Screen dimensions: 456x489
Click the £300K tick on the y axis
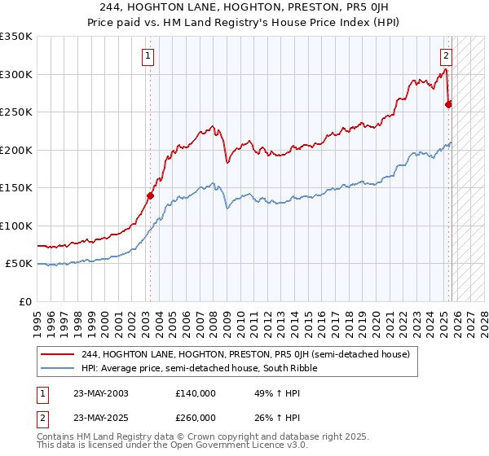tap(16, 74)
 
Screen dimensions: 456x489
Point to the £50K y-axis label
tap(19, 264)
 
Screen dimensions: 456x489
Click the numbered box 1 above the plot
tap(148, 56)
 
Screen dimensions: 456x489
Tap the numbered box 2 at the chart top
tap(447, 56)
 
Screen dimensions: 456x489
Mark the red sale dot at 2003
tap(150, 195)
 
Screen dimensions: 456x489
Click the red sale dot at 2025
tap(449, 103)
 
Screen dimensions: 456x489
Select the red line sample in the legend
tap(59, 354)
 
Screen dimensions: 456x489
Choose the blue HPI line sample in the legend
tap(59, 369)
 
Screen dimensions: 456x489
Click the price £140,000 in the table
tap(196, 393)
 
